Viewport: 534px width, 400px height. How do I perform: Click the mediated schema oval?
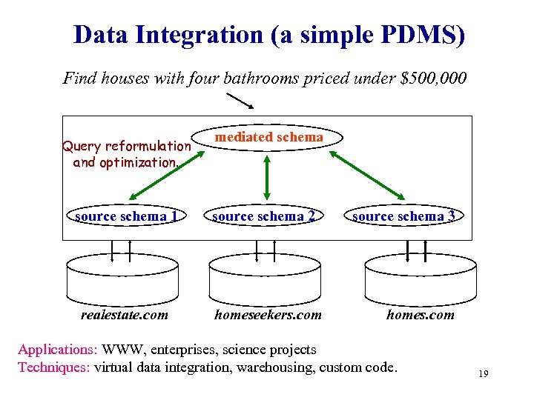pyautogui.click(x=268, y=137)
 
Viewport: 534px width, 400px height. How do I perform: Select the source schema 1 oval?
pyautogui.click(x=125, y=216)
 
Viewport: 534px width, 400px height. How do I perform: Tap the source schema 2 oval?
pyautogui.click(x=264, y=216)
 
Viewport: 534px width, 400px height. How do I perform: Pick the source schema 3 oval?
pyautogui.click(x=404, y=216)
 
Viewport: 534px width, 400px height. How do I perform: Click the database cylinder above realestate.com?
pyautogui.click(x=122, y=279)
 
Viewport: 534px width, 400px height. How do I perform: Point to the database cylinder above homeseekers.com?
pyautogui.click(x=265, y=279)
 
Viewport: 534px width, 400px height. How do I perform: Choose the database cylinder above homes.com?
pyautogui.click(x=420, y=279)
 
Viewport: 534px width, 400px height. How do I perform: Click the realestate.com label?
pyautogui.click(x=124, y=315)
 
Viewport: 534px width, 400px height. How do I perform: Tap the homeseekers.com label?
pyautogui.click(x=268, y=315)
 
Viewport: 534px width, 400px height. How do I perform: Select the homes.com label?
pyautogui.click(x=420, y=315)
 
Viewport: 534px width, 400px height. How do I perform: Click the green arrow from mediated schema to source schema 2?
pyautogui.click(x=266, y=177)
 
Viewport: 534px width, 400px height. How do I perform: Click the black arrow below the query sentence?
pyautogui.click(x=240, y=100)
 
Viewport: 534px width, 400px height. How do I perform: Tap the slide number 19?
pyautogui.click(x=483, y=374)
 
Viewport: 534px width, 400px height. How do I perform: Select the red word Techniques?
pyautogui.click(x=54, y=367)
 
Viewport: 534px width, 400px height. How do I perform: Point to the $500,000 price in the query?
pyautogui.click(x=433, y=78)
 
